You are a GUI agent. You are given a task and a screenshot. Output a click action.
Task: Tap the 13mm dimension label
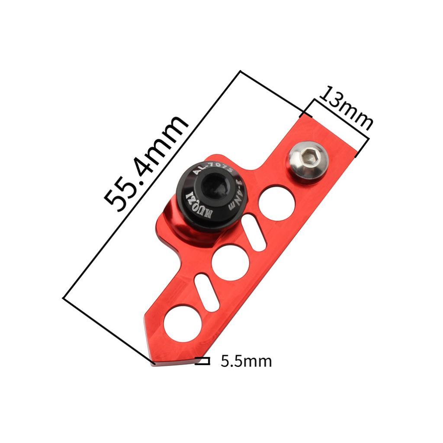(346, 109)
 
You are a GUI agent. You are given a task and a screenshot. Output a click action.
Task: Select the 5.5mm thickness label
(246, 361)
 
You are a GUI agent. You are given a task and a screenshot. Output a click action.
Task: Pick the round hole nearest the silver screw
(276, 203)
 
